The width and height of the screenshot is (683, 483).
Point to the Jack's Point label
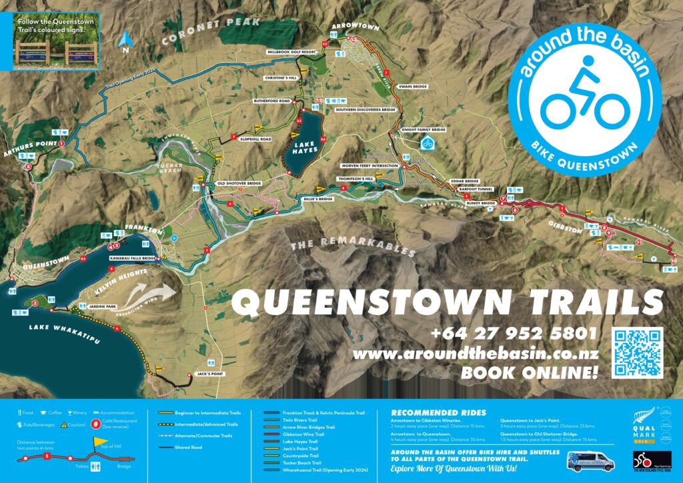tap(207, 374)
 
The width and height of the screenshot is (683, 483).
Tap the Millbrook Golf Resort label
tap(291, 51)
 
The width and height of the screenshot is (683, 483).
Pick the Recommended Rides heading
tap(438, 412)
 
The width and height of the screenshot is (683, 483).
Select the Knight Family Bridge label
tap(423, 129)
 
